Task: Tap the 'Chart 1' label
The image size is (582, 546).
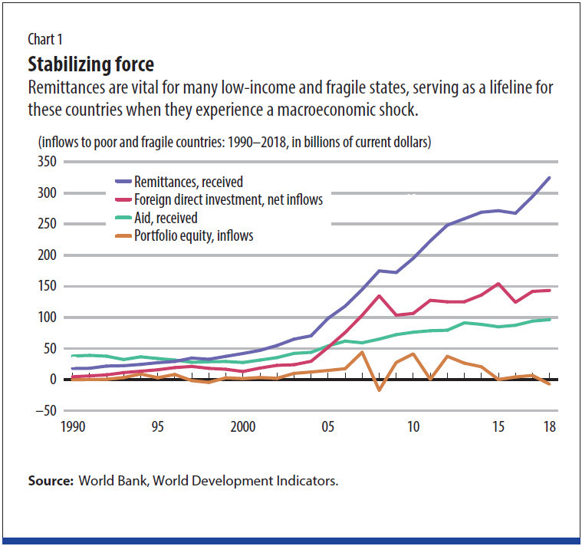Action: [48, 40]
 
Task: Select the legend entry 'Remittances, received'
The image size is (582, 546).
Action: [188, 182]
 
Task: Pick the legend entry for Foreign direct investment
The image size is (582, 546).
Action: [228, 199]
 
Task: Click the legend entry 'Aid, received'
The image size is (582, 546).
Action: [166, 218]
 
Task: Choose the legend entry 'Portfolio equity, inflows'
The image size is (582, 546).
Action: [193, 235]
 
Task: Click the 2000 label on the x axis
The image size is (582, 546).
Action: [243, 427]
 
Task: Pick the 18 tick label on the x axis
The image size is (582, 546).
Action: [550, 427]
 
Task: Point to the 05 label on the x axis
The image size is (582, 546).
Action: [329, 427]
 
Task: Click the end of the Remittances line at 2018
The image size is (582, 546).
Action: [549, 178]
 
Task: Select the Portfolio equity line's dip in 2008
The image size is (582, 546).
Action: [379, 390]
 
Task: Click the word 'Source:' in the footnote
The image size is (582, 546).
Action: [49, 481]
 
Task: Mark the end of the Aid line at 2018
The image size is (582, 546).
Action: [549, 319]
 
